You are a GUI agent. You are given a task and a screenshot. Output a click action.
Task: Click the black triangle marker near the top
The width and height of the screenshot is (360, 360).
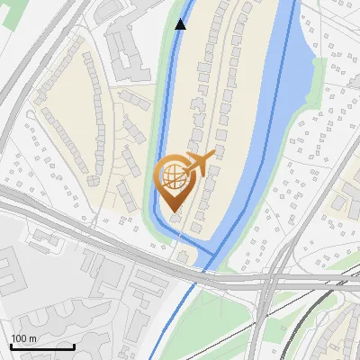coord(181,24)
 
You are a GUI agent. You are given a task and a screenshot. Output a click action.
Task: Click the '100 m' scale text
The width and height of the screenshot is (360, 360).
coord(24,338)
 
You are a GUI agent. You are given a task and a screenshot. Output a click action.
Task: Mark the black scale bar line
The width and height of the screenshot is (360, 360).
coord(42,346)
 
